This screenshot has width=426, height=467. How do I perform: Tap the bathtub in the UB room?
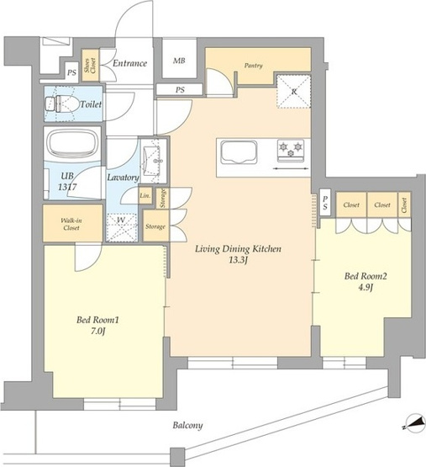(73, 145)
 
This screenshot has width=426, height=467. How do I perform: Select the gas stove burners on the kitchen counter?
(291, 150)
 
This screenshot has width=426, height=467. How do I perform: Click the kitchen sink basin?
(239, 152)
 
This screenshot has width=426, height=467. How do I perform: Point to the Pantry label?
(253, 66)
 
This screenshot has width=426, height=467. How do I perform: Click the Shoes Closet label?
(90, 66)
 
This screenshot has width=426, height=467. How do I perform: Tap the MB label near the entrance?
(179, 61)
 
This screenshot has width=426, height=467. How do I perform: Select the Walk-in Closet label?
(71, 224)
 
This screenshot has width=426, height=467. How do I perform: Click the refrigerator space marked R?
(294, 91)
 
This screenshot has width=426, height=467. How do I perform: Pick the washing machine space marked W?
(121, 227)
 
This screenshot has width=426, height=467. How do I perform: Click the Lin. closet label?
(145, 196)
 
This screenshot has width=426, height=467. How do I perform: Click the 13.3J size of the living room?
(238, 261)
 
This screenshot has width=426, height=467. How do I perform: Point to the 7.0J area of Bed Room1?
(97, 332)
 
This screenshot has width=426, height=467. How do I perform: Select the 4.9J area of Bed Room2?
(366, 288)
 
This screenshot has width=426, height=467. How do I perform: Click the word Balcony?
(187, 425)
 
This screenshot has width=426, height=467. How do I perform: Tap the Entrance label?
(129, 63)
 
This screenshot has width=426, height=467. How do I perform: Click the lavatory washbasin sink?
(152, 161)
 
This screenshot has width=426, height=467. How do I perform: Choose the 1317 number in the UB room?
(67, 187)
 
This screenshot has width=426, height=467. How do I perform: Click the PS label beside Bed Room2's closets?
(325, 203)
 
